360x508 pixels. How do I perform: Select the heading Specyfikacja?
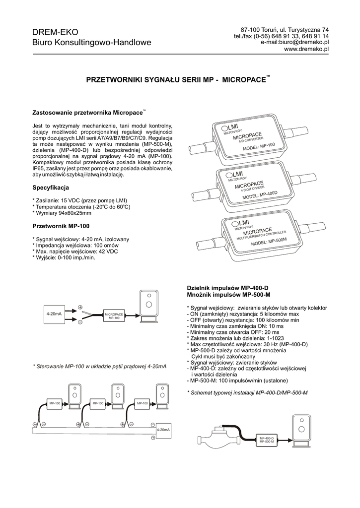pyautogui.click(x=51, y=188)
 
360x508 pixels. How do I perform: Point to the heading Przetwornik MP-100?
pyautogui.click(x=61, y=226)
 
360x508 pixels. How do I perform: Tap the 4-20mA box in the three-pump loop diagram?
pyautogui.click(x=163, y=430)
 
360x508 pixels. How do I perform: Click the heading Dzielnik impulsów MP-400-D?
pyautogui.click(x=227, y=288)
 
